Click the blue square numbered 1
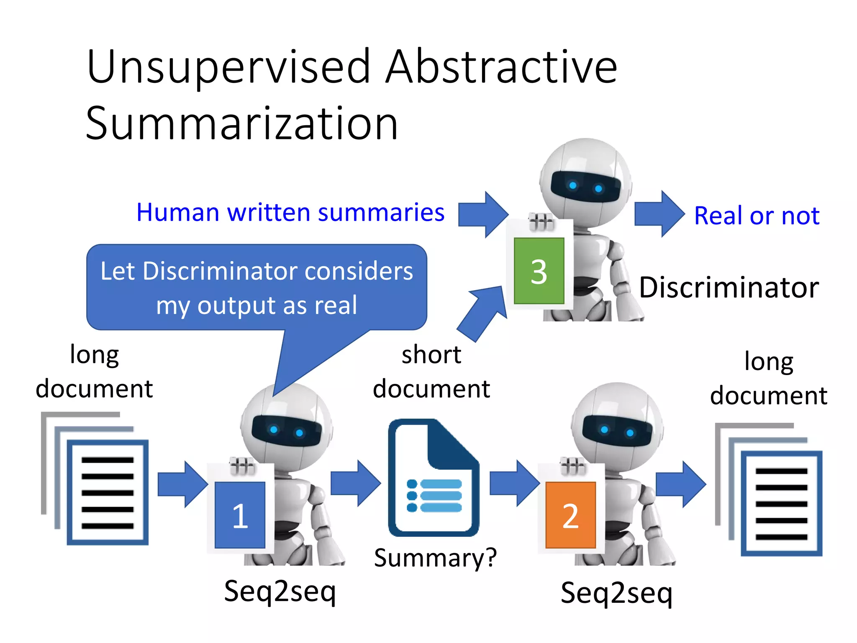[240, 515]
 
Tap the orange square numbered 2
[570, 515]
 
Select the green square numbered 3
[539, 271]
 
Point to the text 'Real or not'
[757, 216]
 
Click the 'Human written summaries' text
[290, 212]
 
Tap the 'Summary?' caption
[435, 558]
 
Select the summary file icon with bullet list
[434, 478]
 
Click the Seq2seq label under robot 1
[280, 592]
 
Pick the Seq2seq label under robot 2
[616, 593]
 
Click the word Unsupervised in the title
[228, 67]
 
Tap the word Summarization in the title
[241, 123]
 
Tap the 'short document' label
[431, 371]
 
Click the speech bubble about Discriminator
[257, 288]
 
